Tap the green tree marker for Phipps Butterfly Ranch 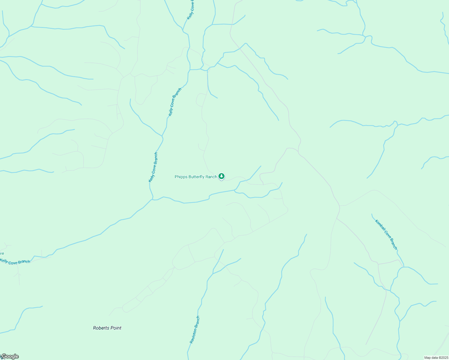tap(221, 176)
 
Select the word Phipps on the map tap(181, 177)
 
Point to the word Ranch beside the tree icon tap(211, 177)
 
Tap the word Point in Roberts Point tap(116, 328)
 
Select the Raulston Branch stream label tap(194, 330)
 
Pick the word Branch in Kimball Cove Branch tap(393, 244)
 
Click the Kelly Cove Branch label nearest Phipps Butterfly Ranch tap(153, 167)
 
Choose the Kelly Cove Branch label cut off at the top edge tap(191, 10)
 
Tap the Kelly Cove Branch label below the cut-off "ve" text tap(15, 262)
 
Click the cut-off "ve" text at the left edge tap(2, 253)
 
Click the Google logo tap(10, 356)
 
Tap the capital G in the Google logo tap(4, 356)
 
